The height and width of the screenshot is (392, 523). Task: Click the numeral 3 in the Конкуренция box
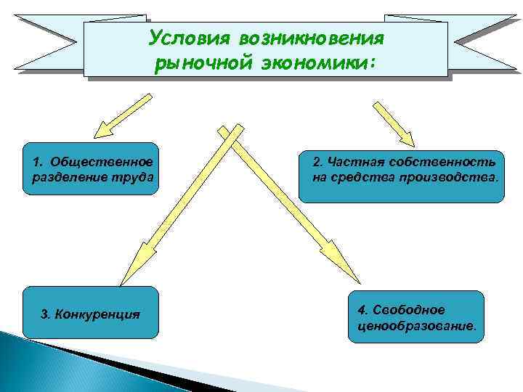click(x=45, y=315)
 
